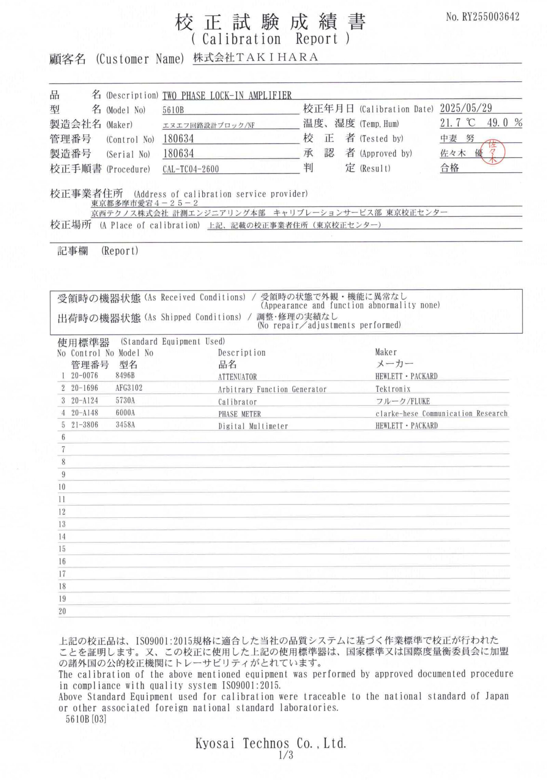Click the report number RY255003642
490,17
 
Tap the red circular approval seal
493,151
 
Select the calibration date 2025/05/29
466,108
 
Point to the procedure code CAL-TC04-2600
190,169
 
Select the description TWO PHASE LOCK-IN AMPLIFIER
227,95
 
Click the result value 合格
450,168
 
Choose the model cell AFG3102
129,388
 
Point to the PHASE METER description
239,414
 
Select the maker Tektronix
393,389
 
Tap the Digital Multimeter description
253,426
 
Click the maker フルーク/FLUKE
402,401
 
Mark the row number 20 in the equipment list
62,611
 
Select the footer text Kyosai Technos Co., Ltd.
271,743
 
